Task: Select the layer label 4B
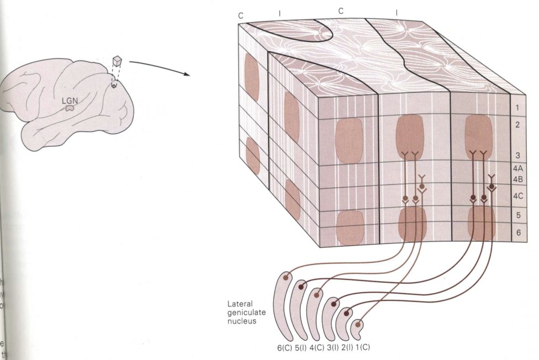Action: [x=517, y=179]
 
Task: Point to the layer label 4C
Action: [x=517, y=195]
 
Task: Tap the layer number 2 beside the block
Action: [x=517, y=125]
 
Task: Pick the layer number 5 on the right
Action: [x=517, y=215]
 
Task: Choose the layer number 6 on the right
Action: [x=517, y=233]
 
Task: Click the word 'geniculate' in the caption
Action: [x=246, y=313]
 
